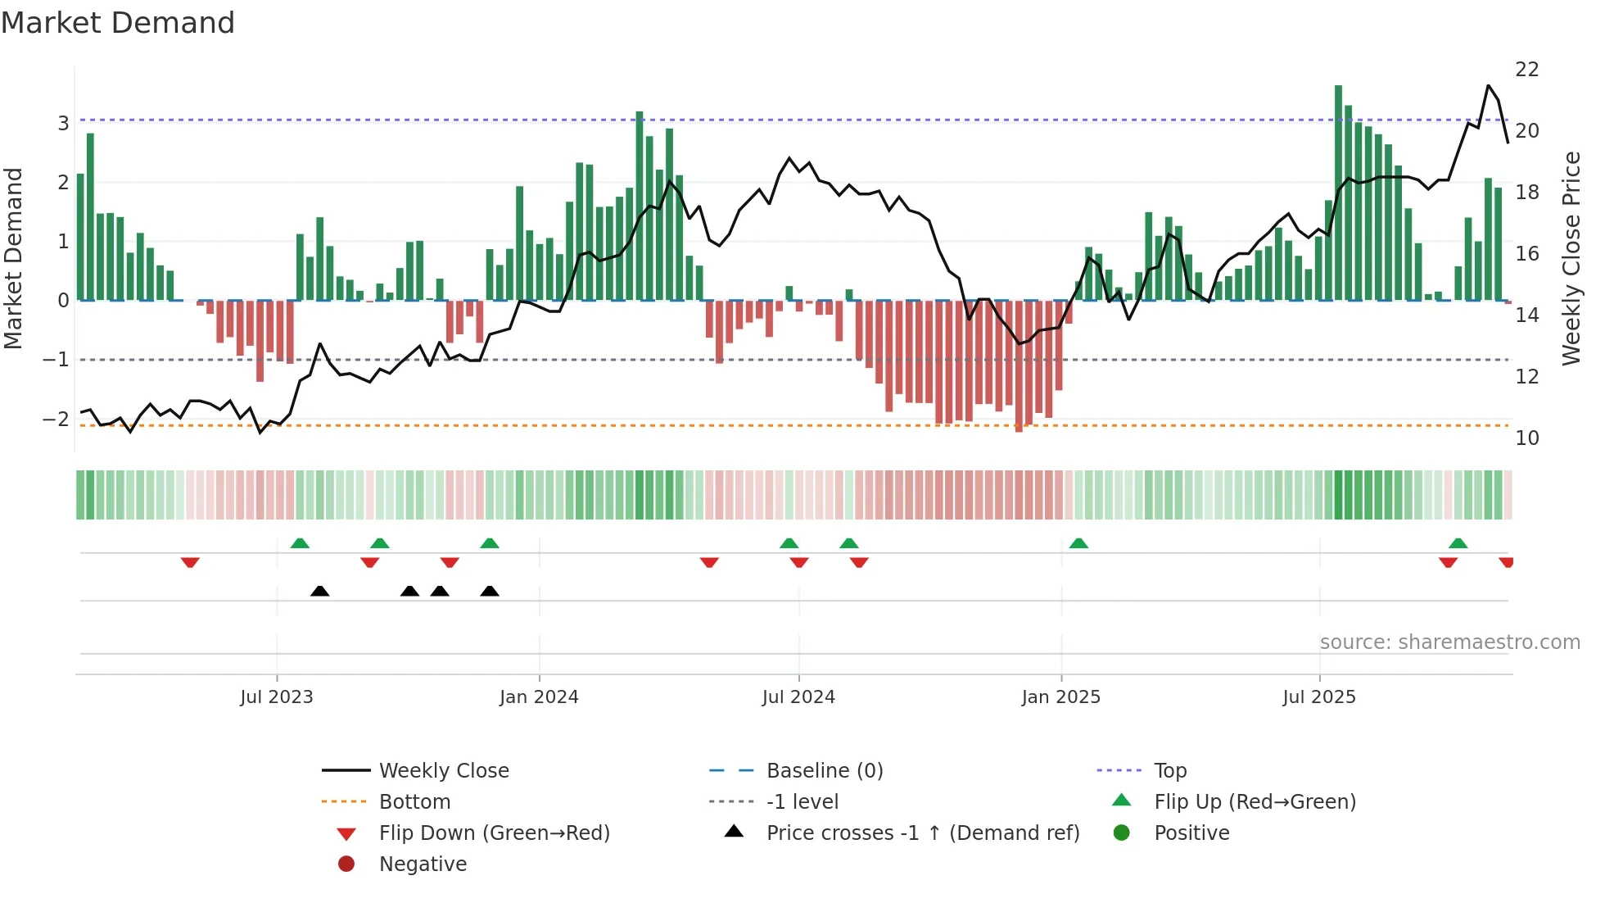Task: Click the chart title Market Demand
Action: coord(118,23)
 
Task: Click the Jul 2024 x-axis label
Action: coord(798,697)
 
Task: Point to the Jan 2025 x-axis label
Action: coord(1060,697)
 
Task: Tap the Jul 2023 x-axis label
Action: coord(277,697)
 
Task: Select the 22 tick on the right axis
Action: coord(1526,70)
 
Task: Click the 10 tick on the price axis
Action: coord(1526,438)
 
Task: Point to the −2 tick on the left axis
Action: coord(56,419)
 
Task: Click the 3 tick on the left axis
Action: coord(63,124)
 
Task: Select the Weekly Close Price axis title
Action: coord(1571,258)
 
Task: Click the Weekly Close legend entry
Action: coord(443,771)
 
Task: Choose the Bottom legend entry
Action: coord(414,802)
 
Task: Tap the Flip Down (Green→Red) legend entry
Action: coord(494,833)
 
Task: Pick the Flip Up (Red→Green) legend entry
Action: coord(1255,802)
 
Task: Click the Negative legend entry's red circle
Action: coord(346,864)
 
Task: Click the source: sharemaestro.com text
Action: coord(1449,642)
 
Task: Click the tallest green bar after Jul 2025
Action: coord(1338,193)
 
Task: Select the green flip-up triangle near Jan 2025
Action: coord(1078,543)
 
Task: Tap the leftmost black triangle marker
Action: coord(320,592)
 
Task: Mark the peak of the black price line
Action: coord(1488,85)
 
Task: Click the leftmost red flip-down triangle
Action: coord(190,562)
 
